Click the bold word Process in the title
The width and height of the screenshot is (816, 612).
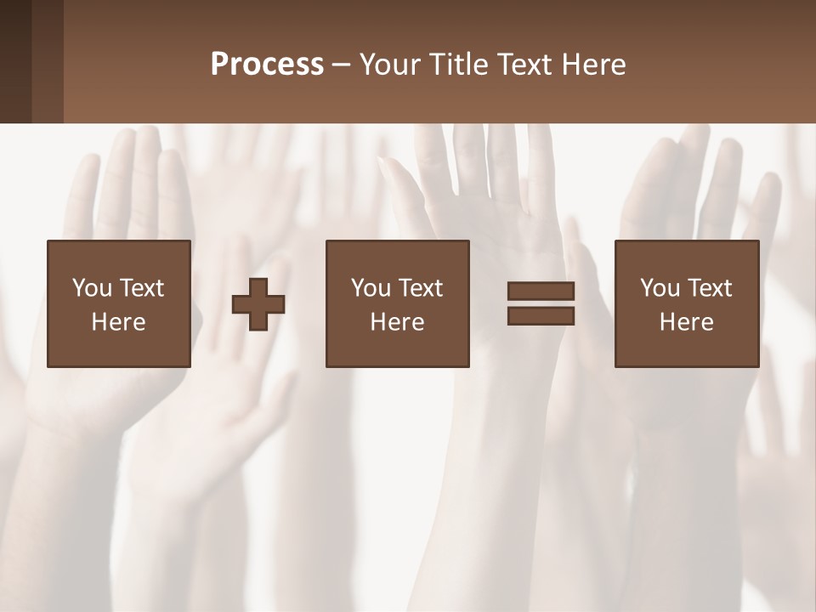(x=267, y=65)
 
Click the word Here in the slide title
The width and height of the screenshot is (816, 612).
(x=593, y=65)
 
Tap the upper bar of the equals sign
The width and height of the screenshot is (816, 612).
(x=541, y=292)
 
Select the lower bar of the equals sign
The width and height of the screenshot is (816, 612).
(x=541, y=316)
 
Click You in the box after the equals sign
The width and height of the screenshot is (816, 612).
(x=660, y=288)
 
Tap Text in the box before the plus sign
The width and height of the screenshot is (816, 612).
(x=141, y=288)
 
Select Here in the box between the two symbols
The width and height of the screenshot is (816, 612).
(x=397, y=322)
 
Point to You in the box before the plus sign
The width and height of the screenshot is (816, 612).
(x=92, y=288)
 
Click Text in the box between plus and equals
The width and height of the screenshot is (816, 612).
(x=420, y=288)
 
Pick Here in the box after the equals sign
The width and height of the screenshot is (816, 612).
(x=686, y=322)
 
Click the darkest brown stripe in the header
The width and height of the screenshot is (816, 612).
(x=15, y=62)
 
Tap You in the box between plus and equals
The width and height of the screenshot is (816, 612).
(x=371, y=288)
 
